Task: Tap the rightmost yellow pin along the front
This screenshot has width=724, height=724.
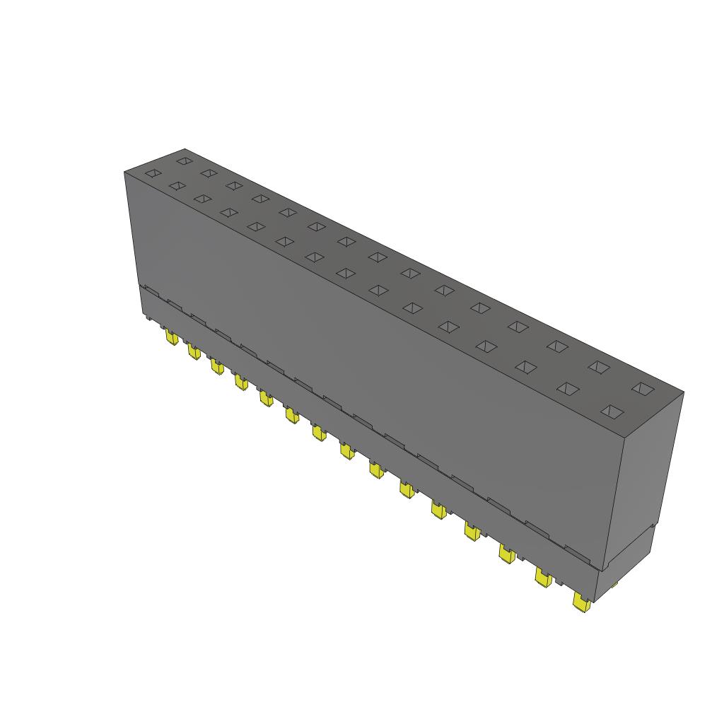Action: click(x=581, y=603)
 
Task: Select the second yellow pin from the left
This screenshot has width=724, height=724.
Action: click(x=193, y=351)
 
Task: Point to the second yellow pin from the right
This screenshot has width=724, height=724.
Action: click(x=543, y=578)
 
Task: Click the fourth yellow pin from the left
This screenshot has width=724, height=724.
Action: click(x=241, y=382)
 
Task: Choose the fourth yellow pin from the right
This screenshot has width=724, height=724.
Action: click(x=472, y=530)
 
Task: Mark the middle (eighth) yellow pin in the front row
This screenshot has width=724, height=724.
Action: click(x=346, y=450)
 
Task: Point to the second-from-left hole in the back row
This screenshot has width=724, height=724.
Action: click(x=208, y=173)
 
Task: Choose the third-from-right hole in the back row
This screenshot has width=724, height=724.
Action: click(x=558, y=346)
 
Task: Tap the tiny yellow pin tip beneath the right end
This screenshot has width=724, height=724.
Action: click(x=614, y=585)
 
